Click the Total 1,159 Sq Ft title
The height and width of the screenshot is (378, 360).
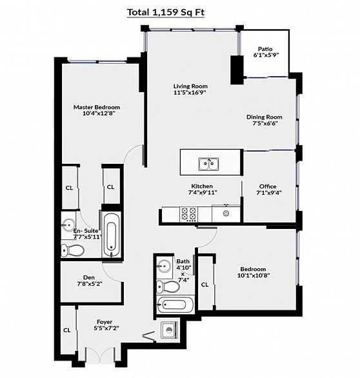point(166,12)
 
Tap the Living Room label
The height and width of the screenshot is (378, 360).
point(190,86)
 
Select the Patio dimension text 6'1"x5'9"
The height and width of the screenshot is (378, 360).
point(266,55)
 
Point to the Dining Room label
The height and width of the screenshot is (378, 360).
point(265,117)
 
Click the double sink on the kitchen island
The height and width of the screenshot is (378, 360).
point(209,164)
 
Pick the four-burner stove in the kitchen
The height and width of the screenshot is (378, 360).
point(189,214)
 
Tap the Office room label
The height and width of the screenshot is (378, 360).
point(268,186)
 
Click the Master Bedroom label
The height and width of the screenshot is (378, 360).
point(97,107)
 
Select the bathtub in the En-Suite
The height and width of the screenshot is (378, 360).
point(112,235)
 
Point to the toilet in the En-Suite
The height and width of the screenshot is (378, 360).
point(72,250)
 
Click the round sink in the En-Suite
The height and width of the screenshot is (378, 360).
point(68,224)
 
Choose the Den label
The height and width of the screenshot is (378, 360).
point(89,278)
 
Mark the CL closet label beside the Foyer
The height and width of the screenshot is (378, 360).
point(67,330)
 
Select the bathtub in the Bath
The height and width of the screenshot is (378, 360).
point(175,304)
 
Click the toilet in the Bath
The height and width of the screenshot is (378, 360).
point(168,286)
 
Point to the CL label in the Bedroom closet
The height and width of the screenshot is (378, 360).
point(205,284)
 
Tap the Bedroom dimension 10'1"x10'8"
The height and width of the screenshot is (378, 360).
point(254,275)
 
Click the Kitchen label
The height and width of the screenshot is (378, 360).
point(202,186)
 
